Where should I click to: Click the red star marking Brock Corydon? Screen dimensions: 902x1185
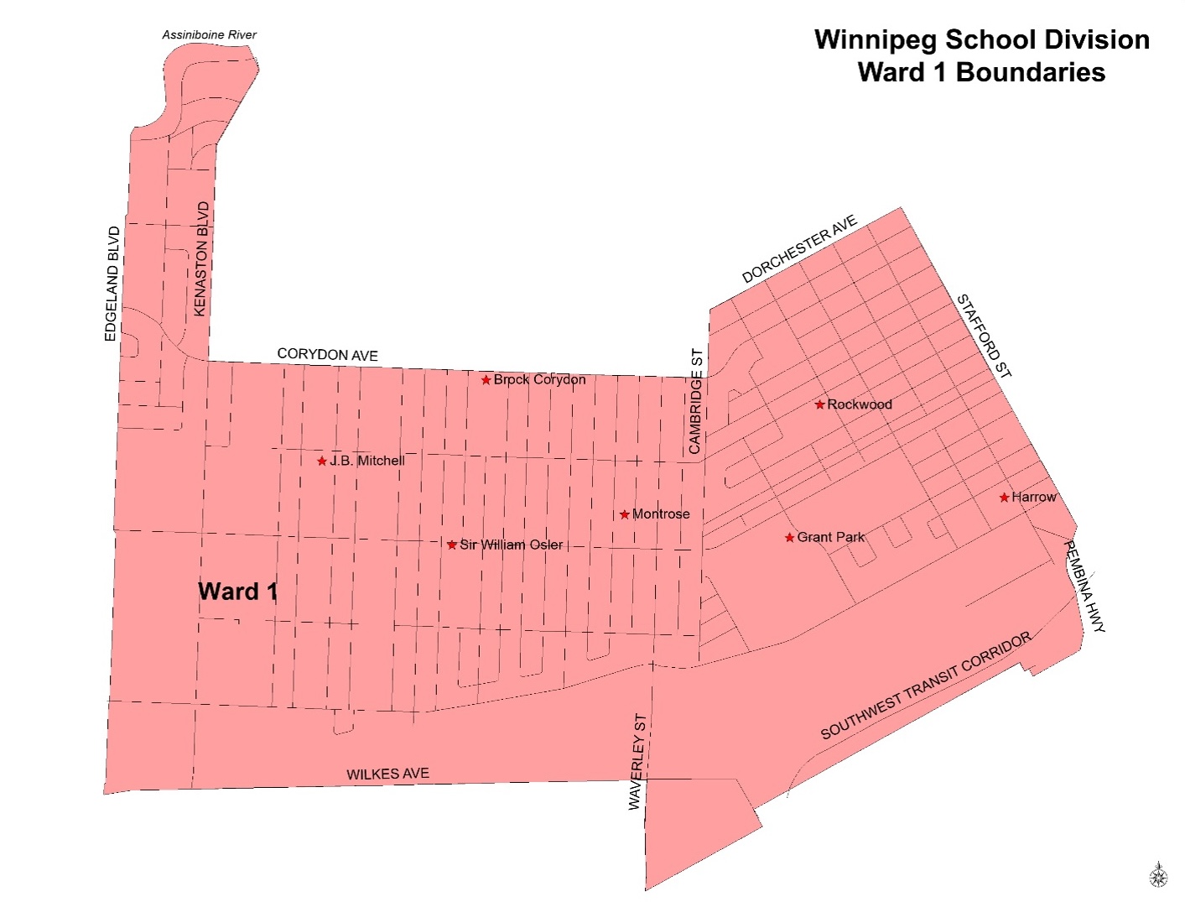click(x=486, y=380)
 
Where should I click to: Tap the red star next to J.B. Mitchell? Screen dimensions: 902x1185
click(x=322, y=461)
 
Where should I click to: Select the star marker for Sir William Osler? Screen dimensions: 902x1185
click(x=452, y=545)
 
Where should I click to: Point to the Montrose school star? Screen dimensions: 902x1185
click(x=625, y=514)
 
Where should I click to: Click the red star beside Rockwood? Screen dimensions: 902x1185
click(x=820, y=404)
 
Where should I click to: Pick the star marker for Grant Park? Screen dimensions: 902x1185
click(x=789, y=538)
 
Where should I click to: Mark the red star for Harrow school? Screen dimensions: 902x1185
click(x=1004, y=498)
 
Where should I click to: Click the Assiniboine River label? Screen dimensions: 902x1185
click(x=210, y=34)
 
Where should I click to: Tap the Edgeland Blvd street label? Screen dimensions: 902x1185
click(x=112, y=284)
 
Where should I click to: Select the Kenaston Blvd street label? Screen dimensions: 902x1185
click(x=201, y=258)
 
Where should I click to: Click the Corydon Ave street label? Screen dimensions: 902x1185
click(x=327, y=355)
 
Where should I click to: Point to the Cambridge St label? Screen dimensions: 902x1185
click(x=695, y=401)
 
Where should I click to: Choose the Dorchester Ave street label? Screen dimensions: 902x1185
click(x=799, y=249)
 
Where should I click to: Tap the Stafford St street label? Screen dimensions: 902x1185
click(x=985, y=336)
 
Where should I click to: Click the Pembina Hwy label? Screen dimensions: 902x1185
click(x=1085, y=586)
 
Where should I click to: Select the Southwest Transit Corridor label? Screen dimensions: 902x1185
click(x=926, y=686)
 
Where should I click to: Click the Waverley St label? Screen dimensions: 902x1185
click(x=637, y=762)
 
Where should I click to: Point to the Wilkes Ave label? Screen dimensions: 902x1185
click(x=387, y=774)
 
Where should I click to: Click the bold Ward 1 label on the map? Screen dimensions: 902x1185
click(x=237, y=592)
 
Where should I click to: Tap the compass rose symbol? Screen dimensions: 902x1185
click(x=1158, y=874)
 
